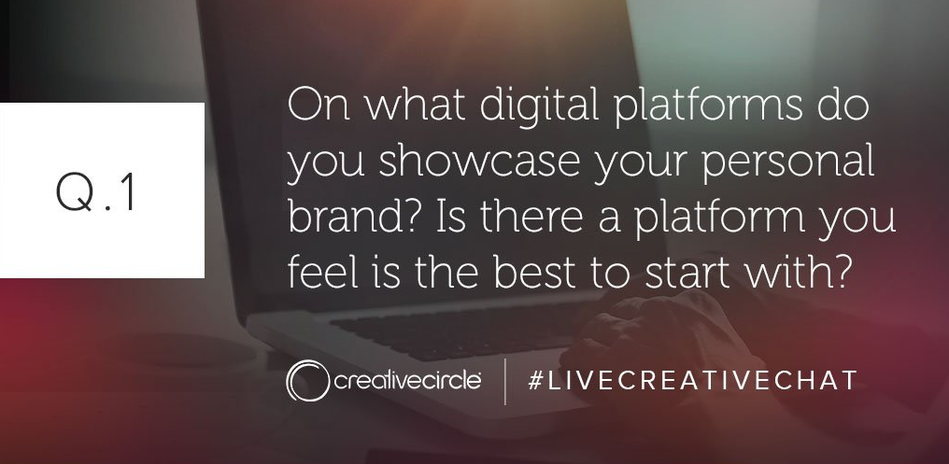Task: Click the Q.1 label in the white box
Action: [96, 191]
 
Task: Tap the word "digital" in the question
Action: [539, 105]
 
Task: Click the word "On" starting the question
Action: [319, 105]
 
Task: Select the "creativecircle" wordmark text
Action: [407, 381]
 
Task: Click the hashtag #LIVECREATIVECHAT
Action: [692, 381]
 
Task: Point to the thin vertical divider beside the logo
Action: [504, 381]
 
